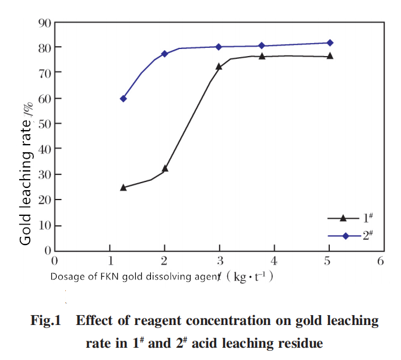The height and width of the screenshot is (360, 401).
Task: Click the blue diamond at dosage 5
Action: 330,43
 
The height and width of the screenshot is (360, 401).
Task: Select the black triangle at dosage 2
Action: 165,168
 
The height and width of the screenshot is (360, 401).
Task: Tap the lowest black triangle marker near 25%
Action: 123,187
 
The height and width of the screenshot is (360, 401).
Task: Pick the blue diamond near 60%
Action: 123,99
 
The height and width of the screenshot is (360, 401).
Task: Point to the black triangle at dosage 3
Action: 219,67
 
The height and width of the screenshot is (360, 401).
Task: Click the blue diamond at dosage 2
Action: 165,54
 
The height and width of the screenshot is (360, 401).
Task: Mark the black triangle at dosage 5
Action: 330,55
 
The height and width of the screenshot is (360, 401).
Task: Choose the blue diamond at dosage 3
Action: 219,47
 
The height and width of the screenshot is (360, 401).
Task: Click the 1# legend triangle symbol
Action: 343,218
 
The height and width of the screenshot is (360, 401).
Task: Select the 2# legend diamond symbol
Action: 346,236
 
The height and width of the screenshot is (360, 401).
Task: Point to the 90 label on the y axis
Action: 45,23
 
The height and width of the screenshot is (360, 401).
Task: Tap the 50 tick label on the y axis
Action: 45,124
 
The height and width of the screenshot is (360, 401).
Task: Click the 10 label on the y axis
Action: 45,226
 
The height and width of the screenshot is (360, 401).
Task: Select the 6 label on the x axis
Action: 381,261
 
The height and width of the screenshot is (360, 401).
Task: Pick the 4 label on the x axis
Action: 274,261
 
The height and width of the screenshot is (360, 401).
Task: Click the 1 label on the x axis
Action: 111,261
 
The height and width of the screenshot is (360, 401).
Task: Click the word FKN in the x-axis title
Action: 110,277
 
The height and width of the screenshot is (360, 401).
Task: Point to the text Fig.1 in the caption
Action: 46,320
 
